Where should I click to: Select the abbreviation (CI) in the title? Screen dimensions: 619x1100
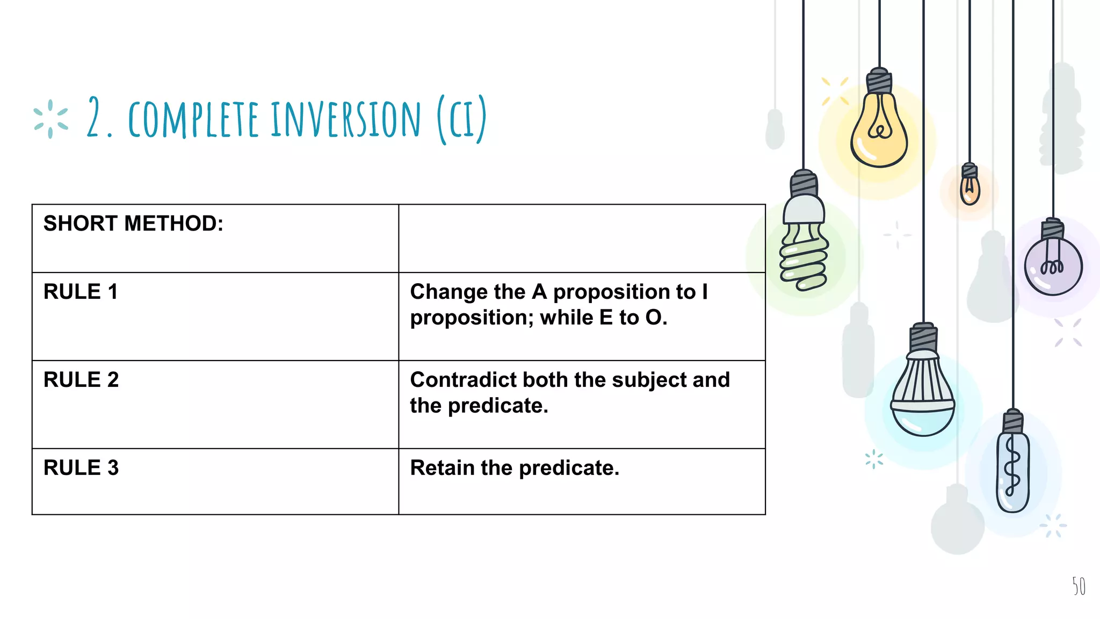click(x=462, y=119)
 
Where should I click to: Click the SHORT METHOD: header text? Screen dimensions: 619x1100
click(x=133, y=224)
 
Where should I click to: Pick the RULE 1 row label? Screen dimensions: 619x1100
click(x=81, y=292)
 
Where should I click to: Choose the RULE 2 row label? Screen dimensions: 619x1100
click(x=81, y=380)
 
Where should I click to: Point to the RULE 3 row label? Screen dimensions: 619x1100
click(x=81, y=468)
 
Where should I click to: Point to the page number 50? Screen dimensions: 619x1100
click(x=1079, y=586)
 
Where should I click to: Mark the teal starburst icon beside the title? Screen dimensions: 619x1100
click(x=50, y=119)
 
